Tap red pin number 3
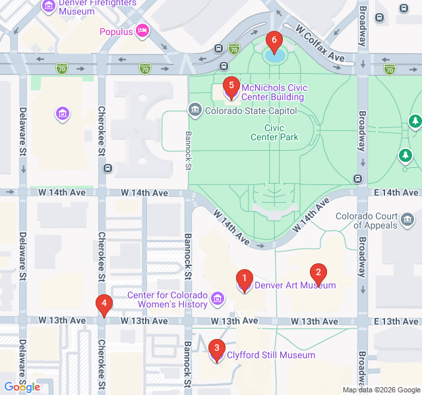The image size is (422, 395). tap(216, 348)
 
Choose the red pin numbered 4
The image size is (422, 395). tap(103, 304)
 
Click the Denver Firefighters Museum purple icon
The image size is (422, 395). tap(49, 7)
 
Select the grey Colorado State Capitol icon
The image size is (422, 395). tap(195, 110)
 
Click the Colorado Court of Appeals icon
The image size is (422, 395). tap(407, 218)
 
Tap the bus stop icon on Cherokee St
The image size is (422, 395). tap(107, 168)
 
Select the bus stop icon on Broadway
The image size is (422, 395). tap(358, 178)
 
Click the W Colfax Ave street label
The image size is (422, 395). tap(320, 45)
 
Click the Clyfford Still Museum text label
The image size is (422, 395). tap(270, 355)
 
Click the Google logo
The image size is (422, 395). tap(22, 387)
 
